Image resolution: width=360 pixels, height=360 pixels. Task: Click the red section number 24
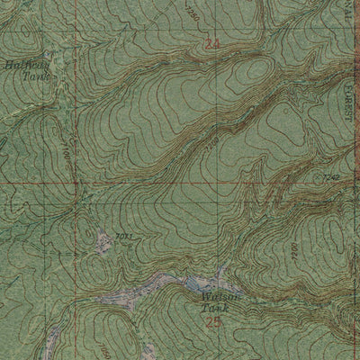pos(212,44)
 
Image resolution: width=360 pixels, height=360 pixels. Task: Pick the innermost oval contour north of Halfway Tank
pos(27,36)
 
